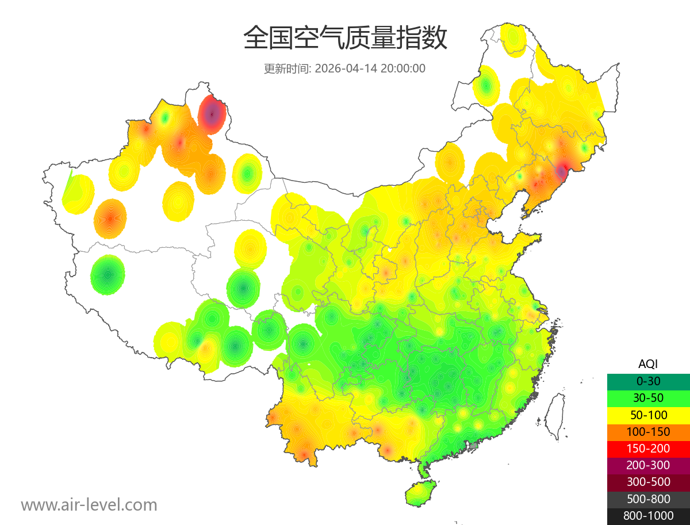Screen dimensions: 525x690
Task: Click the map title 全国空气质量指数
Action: tap(345, 39)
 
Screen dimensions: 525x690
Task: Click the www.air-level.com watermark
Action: tap(89, 505)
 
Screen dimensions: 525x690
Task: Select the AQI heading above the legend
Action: tap(648, 363)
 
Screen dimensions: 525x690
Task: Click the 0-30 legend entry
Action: tap(648, 381)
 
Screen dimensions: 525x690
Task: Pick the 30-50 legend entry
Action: tap(648, 397)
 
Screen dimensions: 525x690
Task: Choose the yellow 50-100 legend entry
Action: tap(648, 415)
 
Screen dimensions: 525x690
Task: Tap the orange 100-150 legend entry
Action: tap(648, 431)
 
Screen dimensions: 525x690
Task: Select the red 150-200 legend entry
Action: tap(648, 448)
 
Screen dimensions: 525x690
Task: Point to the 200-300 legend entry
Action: tap(648, 465)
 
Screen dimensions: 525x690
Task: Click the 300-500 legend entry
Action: tap(648, 482)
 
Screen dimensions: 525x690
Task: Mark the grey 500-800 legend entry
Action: tap(648, 499)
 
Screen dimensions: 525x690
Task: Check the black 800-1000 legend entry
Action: tap(648, 516)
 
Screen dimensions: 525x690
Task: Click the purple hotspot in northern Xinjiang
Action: tap(212, 114)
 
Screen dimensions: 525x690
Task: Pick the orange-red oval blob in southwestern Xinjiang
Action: tap(110, 219)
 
